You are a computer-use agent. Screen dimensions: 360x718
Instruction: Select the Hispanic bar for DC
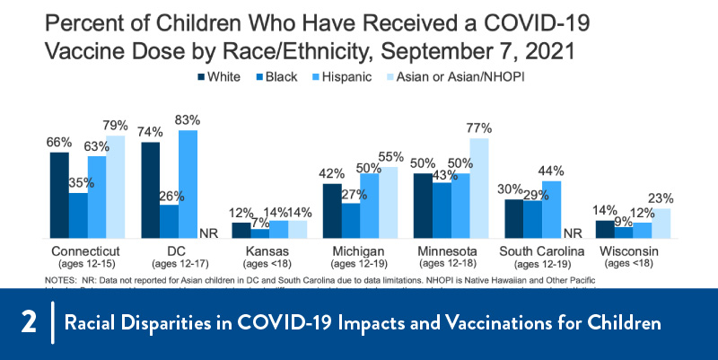coord(188,184)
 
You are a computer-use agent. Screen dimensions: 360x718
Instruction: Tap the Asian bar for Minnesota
coord(479,188)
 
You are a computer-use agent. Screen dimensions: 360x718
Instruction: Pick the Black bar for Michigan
coord(351,220)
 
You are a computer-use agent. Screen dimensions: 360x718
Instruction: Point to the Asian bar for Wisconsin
coord(661,223)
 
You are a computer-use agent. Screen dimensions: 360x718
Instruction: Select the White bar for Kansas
coord(241,230)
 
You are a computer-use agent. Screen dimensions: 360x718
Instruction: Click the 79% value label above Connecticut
coord(117,126)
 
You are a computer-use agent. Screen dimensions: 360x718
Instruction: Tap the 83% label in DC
coord(188,119)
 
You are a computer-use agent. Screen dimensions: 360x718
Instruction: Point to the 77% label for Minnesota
coord(479,127)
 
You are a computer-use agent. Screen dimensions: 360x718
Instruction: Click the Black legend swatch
coord(255,78)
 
